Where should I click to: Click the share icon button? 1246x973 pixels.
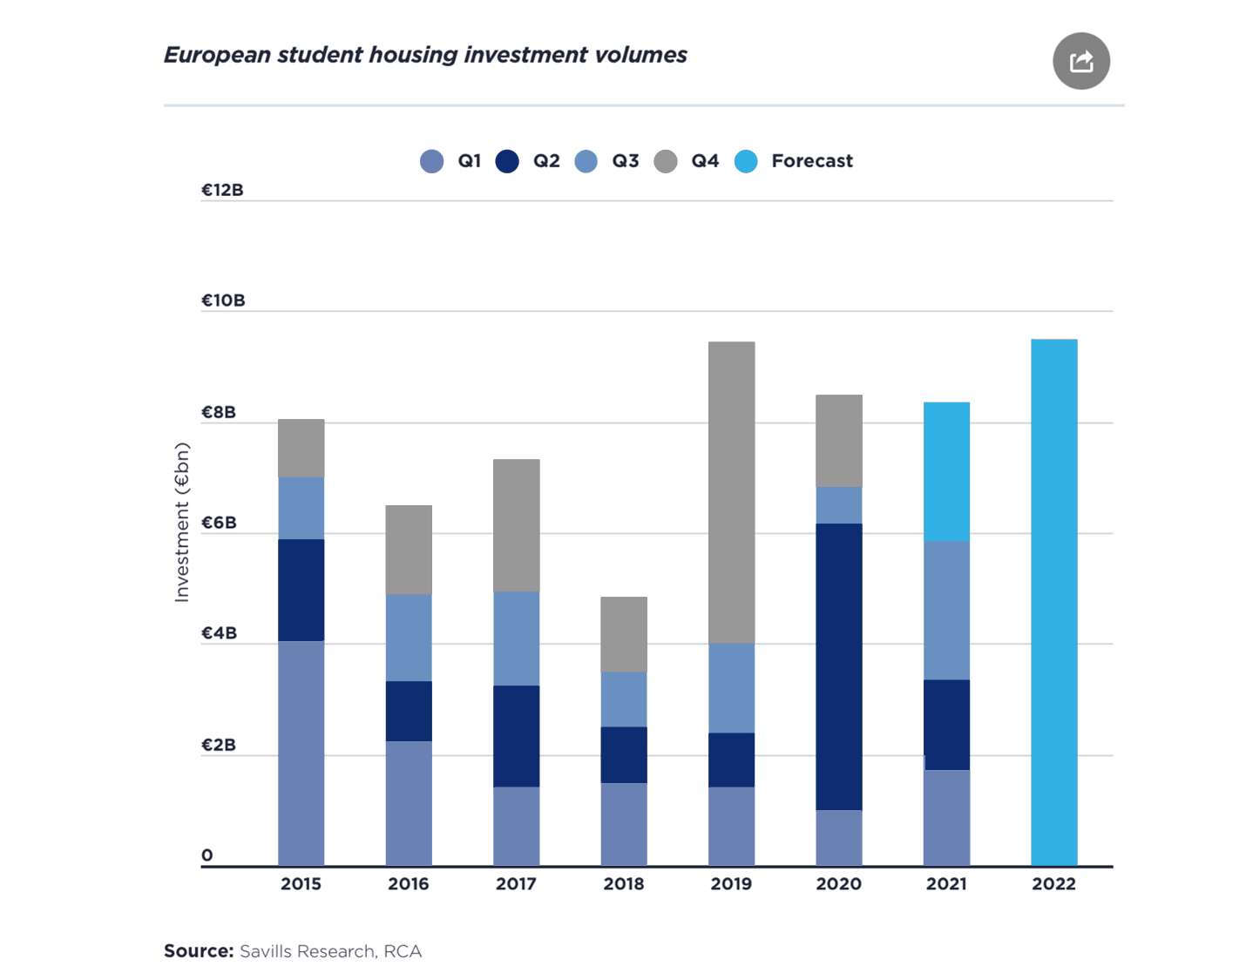(1080, 61)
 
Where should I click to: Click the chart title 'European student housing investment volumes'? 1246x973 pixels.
(425, 55)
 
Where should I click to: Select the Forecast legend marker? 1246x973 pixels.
(746, 161)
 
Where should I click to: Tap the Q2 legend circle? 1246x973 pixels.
(507, 161)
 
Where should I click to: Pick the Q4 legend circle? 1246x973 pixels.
(666, 161)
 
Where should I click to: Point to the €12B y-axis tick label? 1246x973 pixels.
(222, 190)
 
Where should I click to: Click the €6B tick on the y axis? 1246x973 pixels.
(219, 523)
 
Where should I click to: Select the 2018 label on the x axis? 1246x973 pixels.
(624, 883)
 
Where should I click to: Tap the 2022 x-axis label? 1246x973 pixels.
(1053, 883)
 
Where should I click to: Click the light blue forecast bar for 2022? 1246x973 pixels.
(1053, 601)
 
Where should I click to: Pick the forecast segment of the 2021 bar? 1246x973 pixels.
(946, 471)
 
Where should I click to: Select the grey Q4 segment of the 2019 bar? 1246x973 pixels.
(731, 492)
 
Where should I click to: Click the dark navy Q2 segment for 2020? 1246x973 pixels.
(838, 666)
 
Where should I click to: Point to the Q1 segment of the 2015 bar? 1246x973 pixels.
(301, 753)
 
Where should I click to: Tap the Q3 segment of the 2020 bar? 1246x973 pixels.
(838, 505)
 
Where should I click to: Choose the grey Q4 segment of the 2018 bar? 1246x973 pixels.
(624, 634)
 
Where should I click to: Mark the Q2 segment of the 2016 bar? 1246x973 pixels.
(409, 711)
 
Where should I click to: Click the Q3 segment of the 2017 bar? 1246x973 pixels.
(516, 639)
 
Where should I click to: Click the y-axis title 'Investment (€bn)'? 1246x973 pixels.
(181, 523)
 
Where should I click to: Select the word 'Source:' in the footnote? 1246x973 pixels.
(199, 951)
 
